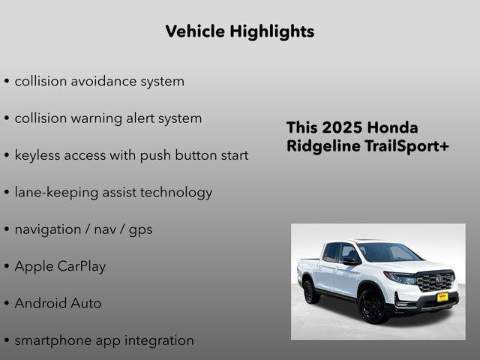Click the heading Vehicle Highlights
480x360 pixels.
click(x=239, y=31)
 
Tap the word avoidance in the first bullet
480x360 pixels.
click(x=100, y=81)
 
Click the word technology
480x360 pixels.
click(x=178, y=193)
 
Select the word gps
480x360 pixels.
click(x=140, y=229)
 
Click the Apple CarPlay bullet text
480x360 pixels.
click(x=60, y=266)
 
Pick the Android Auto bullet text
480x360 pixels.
click(x=58, y=304)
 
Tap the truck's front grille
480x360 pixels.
click(x=435, y=283)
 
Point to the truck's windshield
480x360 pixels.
click(x=387, y=253)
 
